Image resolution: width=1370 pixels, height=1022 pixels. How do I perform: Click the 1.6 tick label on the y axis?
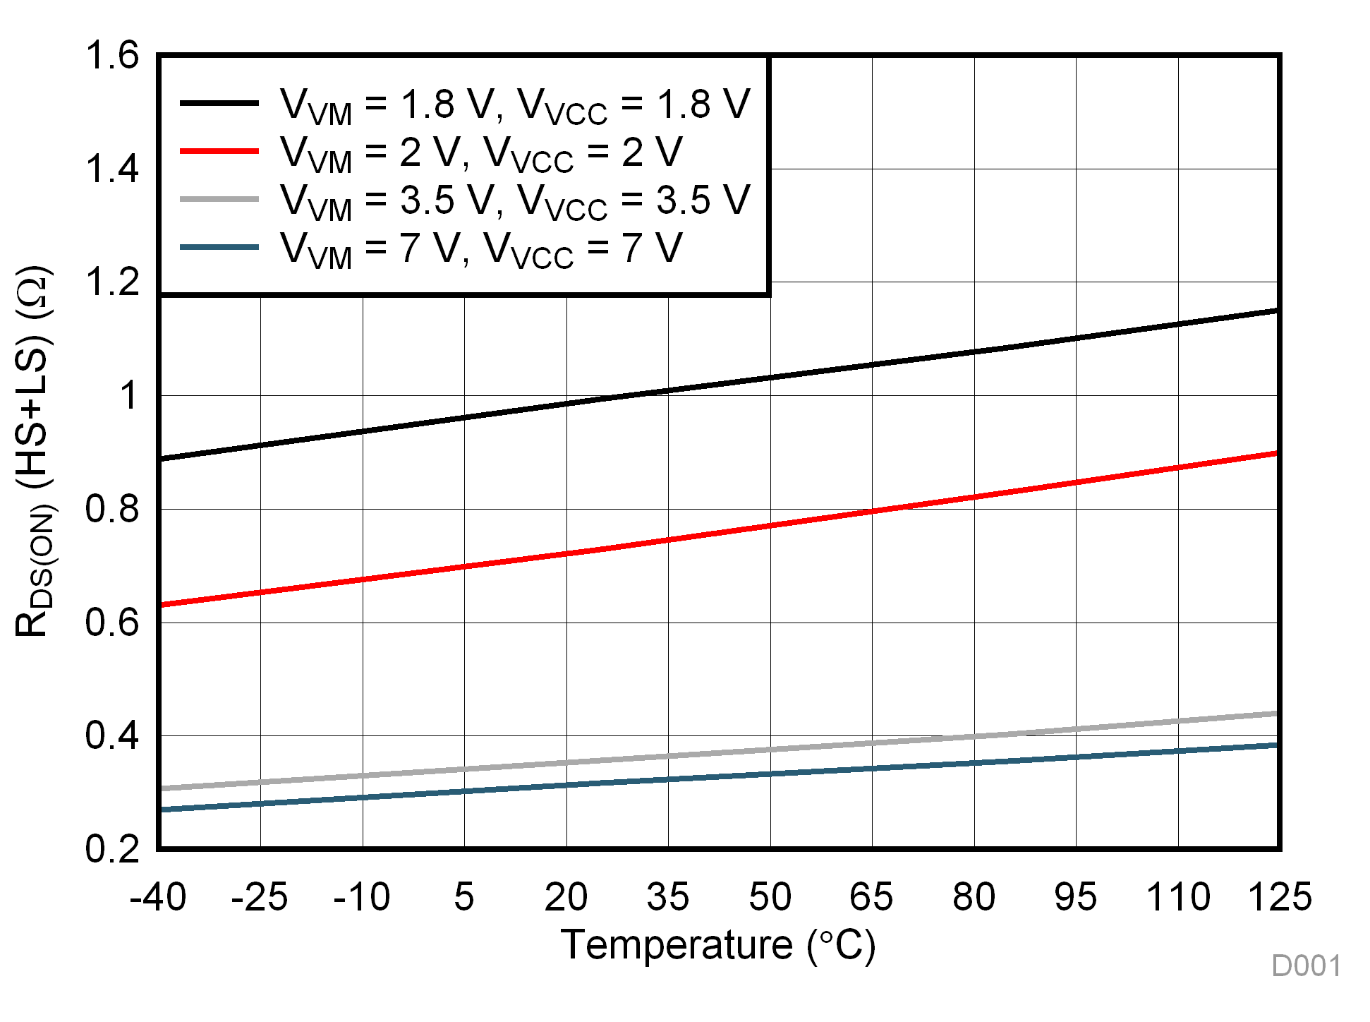tap(112, 55)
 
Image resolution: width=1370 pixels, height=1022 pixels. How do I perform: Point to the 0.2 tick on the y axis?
tap(112, 848)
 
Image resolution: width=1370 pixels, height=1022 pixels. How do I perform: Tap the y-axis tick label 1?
tap(129, 395)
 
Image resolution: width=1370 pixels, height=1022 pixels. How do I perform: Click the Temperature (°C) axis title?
tap(717, 945)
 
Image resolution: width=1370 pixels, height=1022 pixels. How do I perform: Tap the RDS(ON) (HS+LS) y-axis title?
tap(34, 452)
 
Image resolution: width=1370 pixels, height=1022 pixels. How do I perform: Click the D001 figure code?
tap(1306, 966)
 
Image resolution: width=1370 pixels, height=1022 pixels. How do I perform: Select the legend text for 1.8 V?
tap(515, 105)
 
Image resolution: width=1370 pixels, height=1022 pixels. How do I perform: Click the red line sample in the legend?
tap(219, 151)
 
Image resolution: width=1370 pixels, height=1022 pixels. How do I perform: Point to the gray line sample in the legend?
tap(219, 199)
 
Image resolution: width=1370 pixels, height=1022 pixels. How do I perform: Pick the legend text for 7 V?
tap(481, 249)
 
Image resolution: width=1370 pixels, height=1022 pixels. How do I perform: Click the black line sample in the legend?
tap(219, 103)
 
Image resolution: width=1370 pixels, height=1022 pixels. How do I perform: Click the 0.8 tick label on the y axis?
tap(112, 509)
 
